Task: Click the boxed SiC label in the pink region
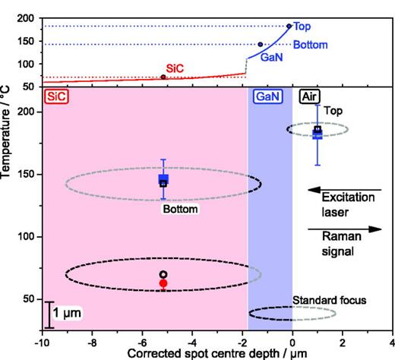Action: click(x=55, y=96)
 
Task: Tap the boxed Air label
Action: click(x=309, y=96)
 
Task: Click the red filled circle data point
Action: click(x=163, y=283)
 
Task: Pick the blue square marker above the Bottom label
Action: click(x=163, y=180)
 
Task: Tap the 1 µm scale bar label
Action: click(x=68, y=312)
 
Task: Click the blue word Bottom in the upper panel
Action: click(x=310, y=45)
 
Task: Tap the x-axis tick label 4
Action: click(x=392, y=341)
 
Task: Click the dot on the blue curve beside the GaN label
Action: click(x=260, y=45)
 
